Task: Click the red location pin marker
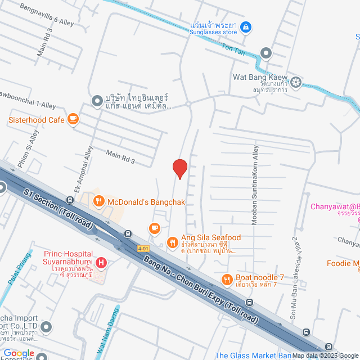179,168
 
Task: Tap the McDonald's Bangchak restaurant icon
98,201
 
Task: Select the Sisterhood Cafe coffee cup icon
73,119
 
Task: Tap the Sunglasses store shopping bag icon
245,26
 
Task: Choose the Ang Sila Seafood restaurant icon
172,242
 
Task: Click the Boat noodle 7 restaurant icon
227,279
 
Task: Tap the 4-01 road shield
144,247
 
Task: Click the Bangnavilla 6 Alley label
47,14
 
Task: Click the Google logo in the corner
19,353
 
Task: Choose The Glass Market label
253,355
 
